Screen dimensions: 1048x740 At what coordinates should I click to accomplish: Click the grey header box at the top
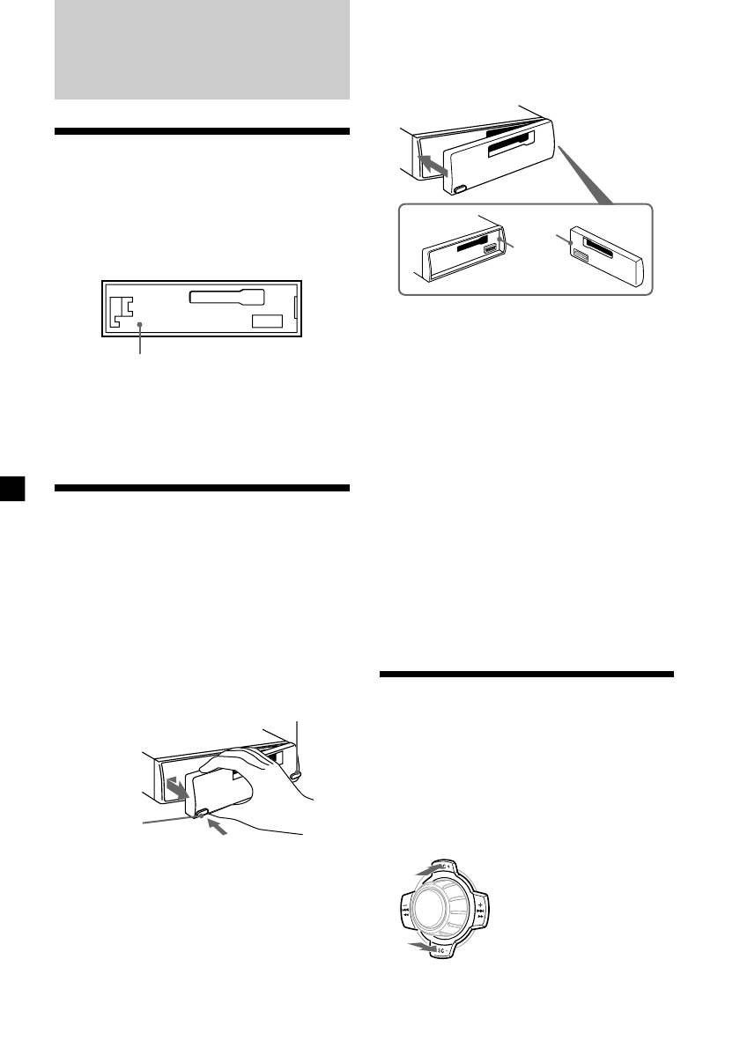point(202,49)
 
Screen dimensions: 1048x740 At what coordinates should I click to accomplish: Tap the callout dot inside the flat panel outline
point(140,325)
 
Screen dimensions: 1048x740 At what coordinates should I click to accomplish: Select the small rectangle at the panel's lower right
point(267,321)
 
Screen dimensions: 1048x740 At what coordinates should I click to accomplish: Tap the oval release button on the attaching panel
point(461,188)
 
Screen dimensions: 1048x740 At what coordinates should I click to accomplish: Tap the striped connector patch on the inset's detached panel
point(581,255)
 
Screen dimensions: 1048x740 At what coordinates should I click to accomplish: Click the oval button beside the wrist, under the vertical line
point(295,774)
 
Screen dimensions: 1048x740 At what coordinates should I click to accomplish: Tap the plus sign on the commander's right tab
point(479,904)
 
